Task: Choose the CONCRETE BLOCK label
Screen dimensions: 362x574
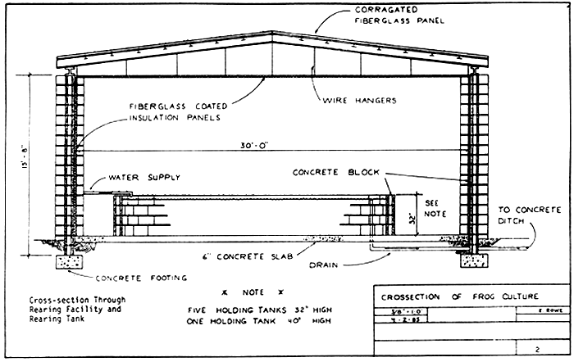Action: [x=331, y=173]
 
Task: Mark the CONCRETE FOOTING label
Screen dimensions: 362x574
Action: [x=144, y=278]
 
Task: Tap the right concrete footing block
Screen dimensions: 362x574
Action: [x=472, y=261]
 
